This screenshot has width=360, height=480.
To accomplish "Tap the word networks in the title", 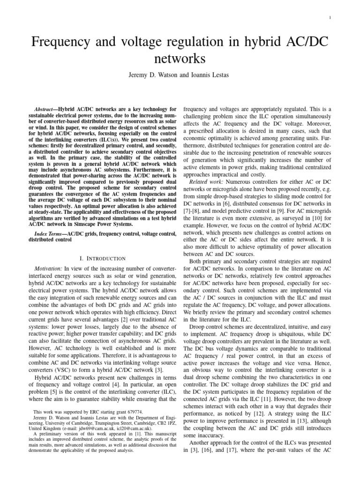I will [180, 60].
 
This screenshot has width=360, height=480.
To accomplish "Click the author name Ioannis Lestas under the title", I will [209, 75].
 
